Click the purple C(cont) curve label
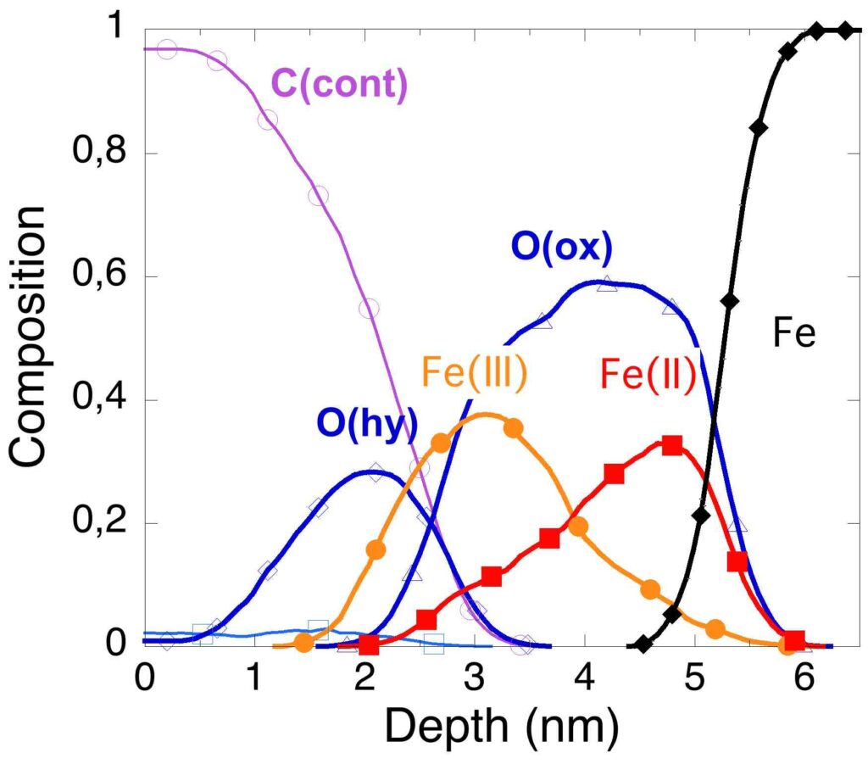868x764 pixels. tap(338, 86)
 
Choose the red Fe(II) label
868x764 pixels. tap(647, 374)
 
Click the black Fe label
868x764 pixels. tap(793, 334)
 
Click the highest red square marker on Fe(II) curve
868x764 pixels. tap(672, 445)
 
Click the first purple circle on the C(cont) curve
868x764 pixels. tap(167, 49)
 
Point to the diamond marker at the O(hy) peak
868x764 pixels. tap(376, 472)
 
